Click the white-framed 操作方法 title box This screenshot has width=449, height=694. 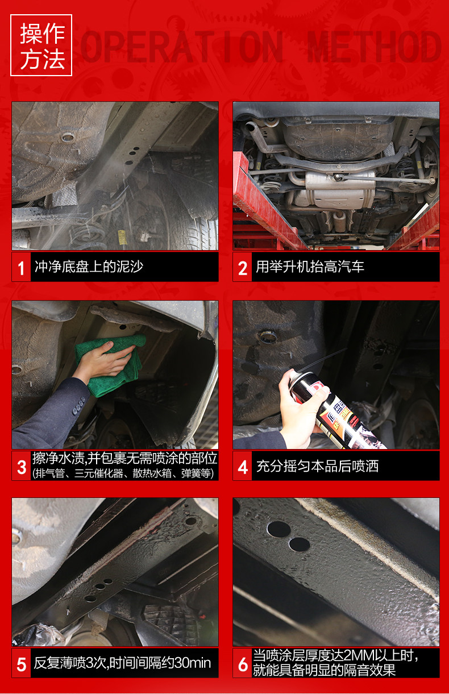coord(41,45)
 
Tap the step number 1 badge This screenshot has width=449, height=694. coord(22,267)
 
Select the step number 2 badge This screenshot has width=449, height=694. coord(242,267)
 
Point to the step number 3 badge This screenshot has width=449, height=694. coord(22,466)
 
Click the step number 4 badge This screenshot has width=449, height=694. coord(242,466)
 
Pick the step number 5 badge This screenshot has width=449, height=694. coord(22,663)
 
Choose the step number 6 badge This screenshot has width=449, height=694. coord(242,663)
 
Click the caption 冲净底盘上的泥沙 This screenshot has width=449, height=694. coord(89,267)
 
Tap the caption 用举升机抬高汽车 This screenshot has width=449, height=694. coord(310,267)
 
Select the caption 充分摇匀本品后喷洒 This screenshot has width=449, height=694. coord(317,466)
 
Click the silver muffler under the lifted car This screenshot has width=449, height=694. coord(340,189)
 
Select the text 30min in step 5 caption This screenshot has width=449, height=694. coord(193,663)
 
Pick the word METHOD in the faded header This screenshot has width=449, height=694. coord(374,47)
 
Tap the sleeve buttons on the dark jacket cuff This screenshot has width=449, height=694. coord(78,406)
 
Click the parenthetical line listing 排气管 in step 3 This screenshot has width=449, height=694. coord(123,473)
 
